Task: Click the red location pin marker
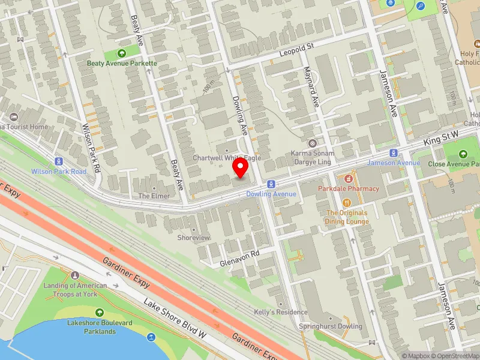click(241, 167)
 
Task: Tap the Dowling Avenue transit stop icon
click(271, 184)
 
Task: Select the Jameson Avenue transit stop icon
click(394, 153)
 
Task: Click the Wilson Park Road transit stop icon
click(59, 161)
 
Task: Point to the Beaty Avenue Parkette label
click(122, 63)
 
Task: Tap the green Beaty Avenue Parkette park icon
click(122, 53)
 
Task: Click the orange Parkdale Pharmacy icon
click(347, 179)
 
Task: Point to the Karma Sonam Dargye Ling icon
click(312, 143)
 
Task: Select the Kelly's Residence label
click(281, 312)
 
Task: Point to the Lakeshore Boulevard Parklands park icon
click(100, 313)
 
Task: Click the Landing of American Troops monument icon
click(75, 275)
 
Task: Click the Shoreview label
click(194, 238)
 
